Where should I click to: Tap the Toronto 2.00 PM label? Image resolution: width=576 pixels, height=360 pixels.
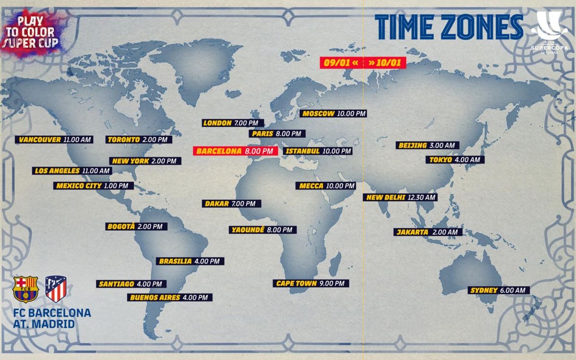139,140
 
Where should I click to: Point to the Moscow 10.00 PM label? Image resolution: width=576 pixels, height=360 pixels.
335,114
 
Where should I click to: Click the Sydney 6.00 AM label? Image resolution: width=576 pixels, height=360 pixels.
499,290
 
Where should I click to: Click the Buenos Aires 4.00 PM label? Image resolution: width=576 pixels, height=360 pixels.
169,298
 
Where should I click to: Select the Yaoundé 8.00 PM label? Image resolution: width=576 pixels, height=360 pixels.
262,230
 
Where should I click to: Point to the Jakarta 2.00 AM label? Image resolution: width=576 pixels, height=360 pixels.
428,232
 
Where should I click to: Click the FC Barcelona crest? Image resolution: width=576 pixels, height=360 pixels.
25,288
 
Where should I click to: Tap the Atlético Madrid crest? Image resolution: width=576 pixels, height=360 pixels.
56,288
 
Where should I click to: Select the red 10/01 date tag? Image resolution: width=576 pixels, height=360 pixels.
385,63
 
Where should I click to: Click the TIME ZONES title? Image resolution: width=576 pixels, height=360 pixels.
449,27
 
